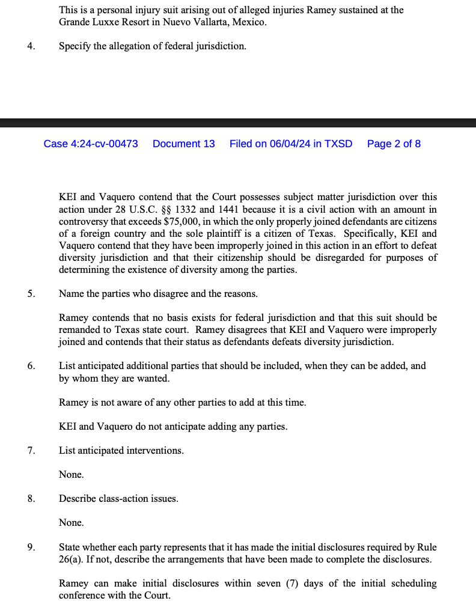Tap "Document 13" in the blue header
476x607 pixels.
pyautogui.click(x=183, y=144)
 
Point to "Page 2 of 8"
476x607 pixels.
pyautogui.click(x=394, y=144)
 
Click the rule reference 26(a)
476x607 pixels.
pyautogui.click(x=71, y=558)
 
